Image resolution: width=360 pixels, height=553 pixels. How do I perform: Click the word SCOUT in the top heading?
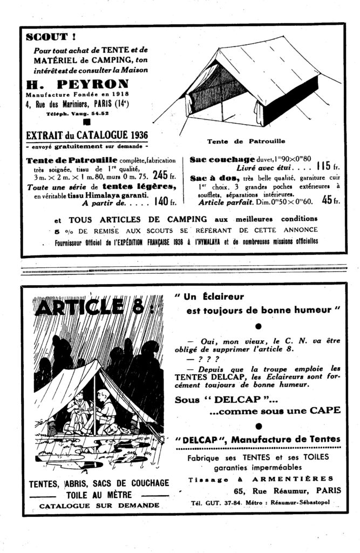(x=43, y=37)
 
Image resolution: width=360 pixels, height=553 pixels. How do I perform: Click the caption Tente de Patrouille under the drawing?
(x=246, y=141)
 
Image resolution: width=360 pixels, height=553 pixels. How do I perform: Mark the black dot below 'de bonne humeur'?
(x=257, y=326)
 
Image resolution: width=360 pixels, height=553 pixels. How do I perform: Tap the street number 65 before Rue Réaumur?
(x=241, y=491)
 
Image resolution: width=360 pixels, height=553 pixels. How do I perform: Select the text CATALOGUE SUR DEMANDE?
(x=99, y=505)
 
